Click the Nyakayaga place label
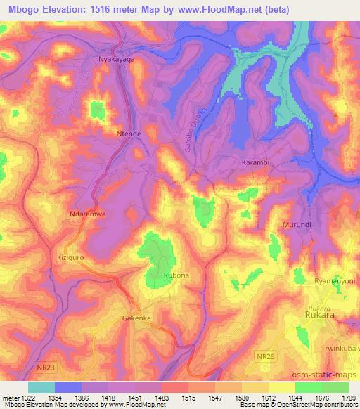pyautogui.click(x=115, y=60)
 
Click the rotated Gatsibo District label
pyautogui.click(x=198, y=130)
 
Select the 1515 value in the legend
pyautogui.click(x=188, y=396)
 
